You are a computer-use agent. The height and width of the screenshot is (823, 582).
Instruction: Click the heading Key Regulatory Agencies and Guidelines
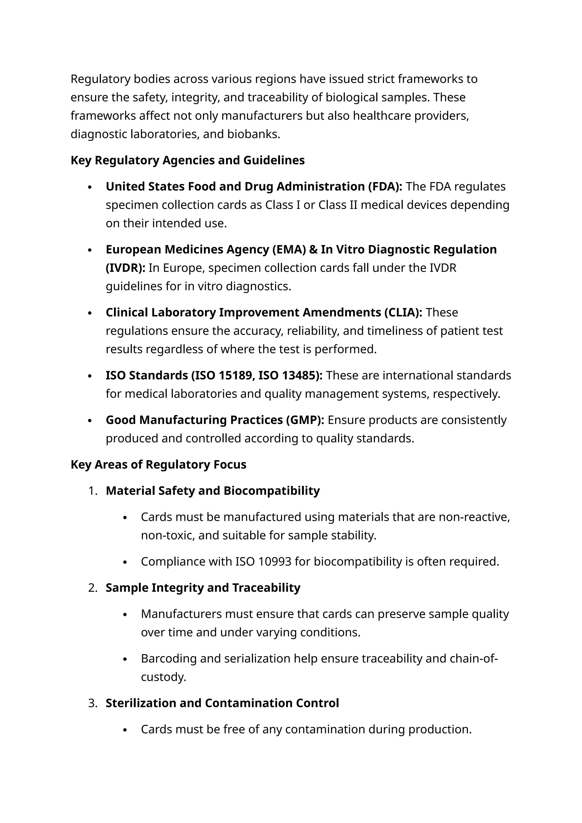pyautogui.click(x=188, y=160)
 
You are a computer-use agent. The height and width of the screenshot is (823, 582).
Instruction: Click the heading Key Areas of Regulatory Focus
pyautogui.click(x=158, y=465)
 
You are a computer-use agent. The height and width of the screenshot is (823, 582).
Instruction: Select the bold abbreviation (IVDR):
pyautogui.click(x=125, y=268)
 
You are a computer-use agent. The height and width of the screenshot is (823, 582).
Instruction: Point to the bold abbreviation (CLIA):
pyautogui.click(x=403, y=313)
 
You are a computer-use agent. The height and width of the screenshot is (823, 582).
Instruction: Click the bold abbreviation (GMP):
pyautogui.click(x=305, y=420)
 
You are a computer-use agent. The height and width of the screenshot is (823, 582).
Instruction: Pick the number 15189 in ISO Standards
pyautogui.click(x=235, y=376)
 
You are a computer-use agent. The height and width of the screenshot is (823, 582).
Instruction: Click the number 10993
pyautogui.click(x=275, y=562)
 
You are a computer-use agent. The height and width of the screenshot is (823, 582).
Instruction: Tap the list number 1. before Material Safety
pyautogui.click(x=92, y=491)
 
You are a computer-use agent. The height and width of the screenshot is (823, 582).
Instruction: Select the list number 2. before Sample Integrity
pyautogui.click(x=92, y=588)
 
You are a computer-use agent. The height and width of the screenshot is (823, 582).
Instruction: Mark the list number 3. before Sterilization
pyautogui.click(x=92, y=703)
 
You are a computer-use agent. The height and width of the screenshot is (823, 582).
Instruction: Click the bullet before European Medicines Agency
pyautogui.click(x=90, y=250)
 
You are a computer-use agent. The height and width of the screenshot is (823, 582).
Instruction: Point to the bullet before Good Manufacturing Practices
pyautogui.click(x=90, y=421)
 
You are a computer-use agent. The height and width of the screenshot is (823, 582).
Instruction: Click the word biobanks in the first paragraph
pyautogui.click(x=253, y=134)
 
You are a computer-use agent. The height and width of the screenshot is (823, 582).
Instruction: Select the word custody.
pyautogui.click(x=163, y=677)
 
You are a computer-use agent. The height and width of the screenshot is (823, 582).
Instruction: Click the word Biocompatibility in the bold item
pyautogui.click(x=271, y=491)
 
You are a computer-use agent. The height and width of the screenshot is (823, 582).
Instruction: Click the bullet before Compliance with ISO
pyautogui.click(x=125, y=562)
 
